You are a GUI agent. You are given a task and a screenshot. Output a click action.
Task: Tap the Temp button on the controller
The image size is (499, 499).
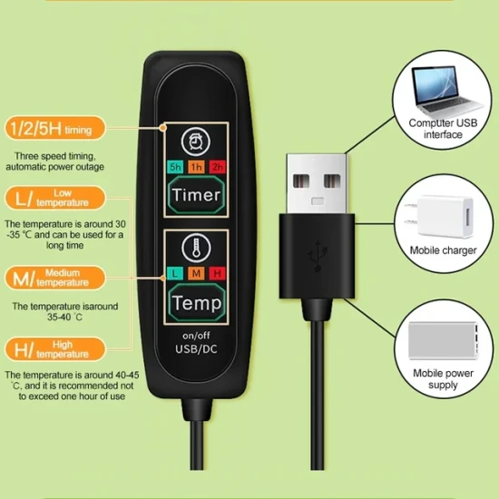(196, 302)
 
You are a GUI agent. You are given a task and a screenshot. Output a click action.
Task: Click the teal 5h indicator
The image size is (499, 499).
(175, 167)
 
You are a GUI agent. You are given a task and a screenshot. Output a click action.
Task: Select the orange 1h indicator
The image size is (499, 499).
(196, 167)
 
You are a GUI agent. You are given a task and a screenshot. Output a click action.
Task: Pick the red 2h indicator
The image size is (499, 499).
(218, 167)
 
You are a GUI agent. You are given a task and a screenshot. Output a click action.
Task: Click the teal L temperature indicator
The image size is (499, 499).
(175, 273)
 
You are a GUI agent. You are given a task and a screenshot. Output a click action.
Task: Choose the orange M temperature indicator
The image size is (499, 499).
(196, 273)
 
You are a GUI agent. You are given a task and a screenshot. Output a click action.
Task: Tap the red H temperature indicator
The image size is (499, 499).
(218, 273)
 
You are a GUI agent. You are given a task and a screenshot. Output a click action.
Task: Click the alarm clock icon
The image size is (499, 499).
(196, 142)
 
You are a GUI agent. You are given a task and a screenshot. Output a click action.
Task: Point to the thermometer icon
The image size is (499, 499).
(196, 249)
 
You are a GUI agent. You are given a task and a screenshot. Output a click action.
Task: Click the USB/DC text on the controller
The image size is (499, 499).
(196, 349)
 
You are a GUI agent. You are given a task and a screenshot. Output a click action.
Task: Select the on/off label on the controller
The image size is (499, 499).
(196, 336)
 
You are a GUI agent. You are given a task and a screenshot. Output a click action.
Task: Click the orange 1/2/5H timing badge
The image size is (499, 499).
(55, 128)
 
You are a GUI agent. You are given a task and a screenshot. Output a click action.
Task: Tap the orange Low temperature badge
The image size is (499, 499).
(55, 198)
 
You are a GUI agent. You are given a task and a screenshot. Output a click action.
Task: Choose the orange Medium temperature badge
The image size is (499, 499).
(55, 278)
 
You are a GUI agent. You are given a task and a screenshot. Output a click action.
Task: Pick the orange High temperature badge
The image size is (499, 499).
(55, 349)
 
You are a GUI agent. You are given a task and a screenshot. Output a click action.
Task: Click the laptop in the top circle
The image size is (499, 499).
(444, 91)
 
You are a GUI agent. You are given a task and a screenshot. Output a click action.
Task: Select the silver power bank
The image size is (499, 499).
(444, 340)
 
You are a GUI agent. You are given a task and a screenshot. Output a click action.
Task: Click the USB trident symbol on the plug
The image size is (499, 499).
(318, 256)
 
